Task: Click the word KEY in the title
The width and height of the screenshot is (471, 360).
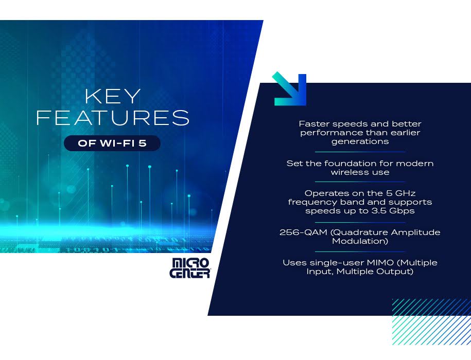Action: click(x=113, y=96)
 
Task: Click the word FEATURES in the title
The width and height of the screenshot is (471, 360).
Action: click(x=113, y=117)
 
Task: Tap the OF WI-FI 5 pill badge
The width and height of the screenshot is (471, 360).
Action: click(x=112, y=143)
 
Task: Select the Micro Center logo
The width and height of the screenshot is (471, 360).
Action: click(x=189, y=268)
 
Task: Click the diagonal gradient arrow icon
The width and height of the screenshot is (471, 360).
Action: click(x=289, y=89)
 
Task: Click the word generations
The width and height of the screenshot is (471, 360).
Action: click(x=360, y=141)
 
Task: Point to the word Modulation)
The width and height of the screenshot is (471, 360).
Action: click(x=360, y=241)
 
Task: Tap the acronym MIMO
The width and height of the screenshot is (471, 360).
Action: click(x=380, y=262)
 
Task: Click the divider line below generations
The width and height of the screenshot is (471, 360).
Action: click(x=360, y=152)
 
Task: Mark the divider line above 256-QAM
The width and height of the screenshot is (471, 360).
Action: click(x=360, y=223)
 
